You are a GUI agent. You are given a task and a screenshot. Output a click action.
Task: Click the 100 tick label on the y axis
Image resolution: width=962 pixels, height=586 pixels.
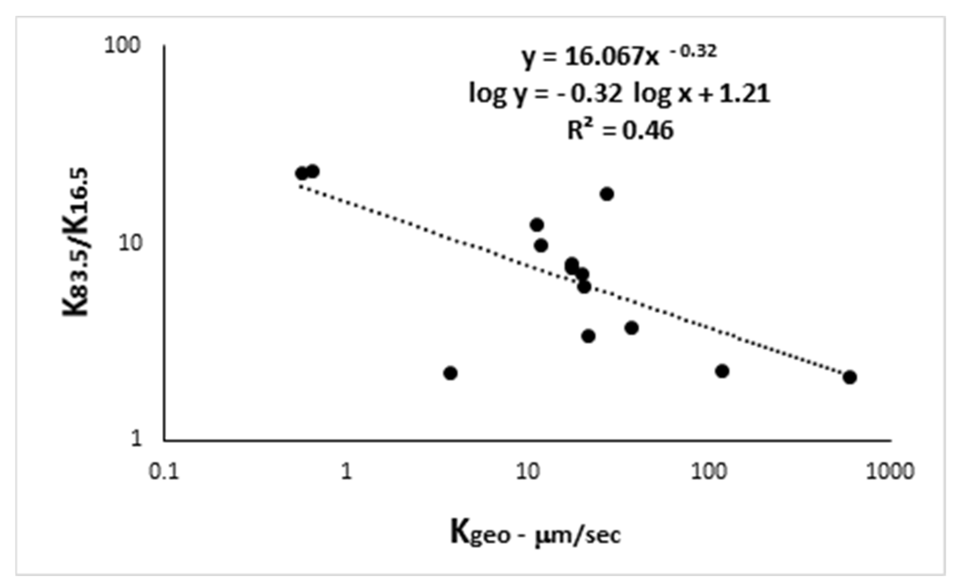pyautogui.click(x=121, y=46)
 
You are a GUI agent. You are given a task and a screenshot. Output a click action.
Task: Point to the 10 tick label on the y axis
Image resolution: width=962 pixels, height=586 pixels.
pyautogui.click(x=130, y=243)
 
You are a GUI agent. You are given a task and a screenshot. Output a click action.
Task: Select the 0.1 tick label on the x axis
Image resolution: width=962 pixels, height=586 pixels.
pyautogui.click(x=164, y=472)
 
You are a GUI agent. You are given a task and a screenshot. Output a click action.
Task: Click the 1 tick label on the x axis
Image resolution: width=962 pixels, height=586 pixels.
pyautogui.click(x=346, y=472)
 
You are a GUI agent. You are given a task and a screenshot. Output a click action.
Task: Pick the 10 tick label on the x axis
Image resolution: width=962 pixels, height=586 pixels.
pyautogui.click(x=528, y=472)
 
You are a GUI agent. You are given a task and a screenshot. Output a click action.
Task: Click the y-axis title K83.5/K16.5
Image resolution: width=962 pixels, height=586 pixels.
pyautogui.click(x=76, y=242)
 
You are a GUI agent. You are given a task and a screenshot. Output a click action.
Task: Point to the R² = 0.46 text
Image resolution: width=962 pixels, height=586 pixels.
pyautogui.click(x=620, y=130)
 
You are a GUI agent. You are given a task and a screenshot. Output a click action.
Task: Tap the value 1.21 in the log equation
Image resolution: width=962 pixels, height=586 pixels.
pyautogui.click(x=744, y=94)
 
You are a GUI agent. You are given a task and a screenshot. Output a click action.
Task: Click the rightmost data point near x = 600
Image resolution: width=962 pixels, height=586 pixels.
pyautogui.click(x=849, y=377)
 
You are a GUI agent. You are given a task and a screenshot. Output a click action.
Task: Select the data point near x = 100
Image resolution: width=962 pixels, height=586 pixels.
pyautogui.click(x=722, y=371)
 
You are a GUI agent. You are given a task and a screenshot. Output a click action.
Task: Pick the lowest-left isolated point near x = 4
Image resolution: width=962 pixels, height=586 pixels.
pyautogui.click(x=451, y=373)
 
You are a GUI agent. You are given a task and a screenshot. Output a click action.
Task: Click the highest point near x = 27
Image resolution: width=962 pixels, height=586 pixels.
pyautogui.click(x=607, y=194)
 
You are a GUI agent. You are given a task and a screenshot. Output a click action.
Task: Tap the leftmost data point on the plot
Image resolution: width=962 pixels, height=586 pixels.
pyautogui.click(x=301, y=174)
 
